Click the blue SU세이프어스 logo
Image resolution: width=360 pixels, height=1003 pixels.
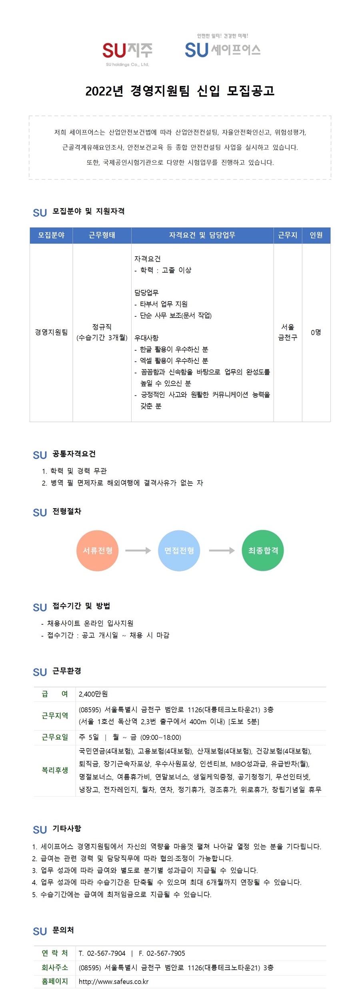tap(222, 47)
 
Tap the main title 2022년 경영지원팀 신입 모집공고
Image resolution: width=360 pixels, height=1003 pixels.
tap(180, 91)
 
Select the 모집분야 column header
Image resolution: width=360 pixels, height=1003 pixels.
tap(51, 235)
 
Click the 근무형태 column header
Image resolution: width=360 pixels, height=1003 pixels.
tap(102, 235)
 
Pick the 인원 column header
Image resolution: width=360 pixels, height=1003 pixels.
tap(316, 235)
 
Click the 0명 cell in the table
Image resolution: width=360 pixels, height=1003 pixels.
tap(316, 332)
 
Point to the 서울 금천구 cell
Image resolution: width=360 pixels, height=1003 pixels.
tap(288, 332)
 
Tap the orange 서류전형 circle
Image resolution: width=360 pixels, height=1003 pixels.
tap(97, 551)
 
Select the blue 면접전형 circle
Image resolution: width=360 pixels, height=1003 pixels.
tap(179, 551)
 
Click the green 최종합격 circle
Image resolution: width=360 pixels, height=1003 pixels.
tap(263, 551)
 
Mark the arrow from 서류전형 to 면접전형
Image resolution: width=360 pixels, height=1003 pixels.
tap(138, 551)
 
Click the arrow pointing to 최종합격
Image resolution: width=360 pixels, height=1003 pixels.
tap(222, 551)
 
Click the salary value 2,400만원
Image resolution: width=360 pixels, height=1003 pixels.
tap(93, 694)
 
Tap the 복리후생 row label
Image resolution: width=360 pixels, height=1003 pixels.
tap(55, 770)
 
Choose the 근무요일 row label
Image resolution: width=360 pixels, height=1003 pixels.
tap(55, 737)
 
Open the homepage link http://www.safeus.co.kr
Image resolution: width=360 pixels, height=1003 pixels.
tap(114, 981)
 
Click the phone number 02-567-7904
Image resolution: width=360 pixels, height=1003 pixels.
tap(106, 953)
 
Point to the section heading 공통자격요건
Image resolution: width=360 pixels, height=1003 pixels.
tap(74, 454)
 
